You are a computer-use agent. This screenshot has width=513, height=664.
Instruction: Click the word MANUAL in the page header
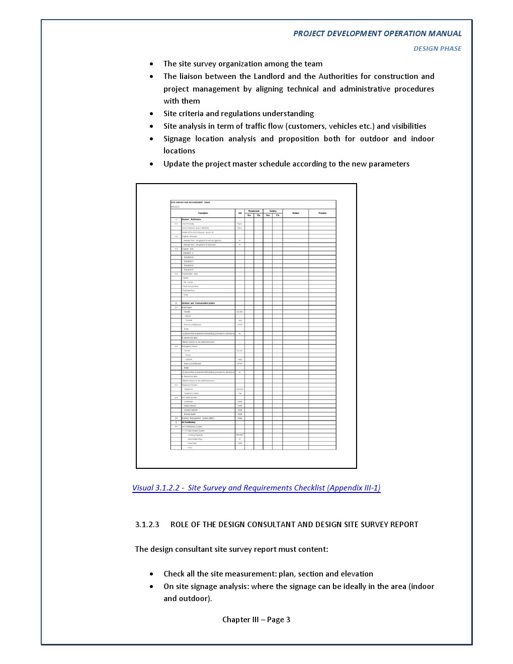445,34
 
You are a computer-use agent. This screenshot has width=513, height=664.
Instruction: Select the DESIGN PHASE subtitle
437,49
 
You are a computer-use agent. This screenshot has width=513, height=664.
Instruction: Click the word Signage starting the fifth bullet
177,139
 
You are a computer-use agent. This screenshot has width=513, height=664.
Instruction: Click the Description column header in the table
203,213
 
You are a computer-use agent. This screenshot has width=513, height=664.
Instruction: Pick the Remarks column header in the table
322,213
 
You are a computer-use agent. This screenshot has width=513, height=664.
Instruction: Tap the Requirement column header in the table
253,211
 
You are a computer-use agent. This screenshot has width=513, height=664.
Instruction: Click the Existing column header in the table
273,211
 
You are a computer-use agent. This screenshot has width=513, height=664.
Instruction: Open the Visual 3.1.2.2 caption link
256,488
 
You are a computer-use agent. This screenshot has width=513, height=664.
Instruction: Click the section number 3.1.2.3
147,525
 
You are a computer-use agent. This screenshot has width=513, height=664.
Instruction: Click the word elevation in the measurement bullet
357,574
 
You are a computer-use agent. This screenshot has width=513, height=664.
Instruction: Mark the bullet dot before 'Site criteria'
152,114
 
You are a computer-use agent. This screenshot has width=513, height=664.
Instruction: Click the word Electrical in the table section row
186,303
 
